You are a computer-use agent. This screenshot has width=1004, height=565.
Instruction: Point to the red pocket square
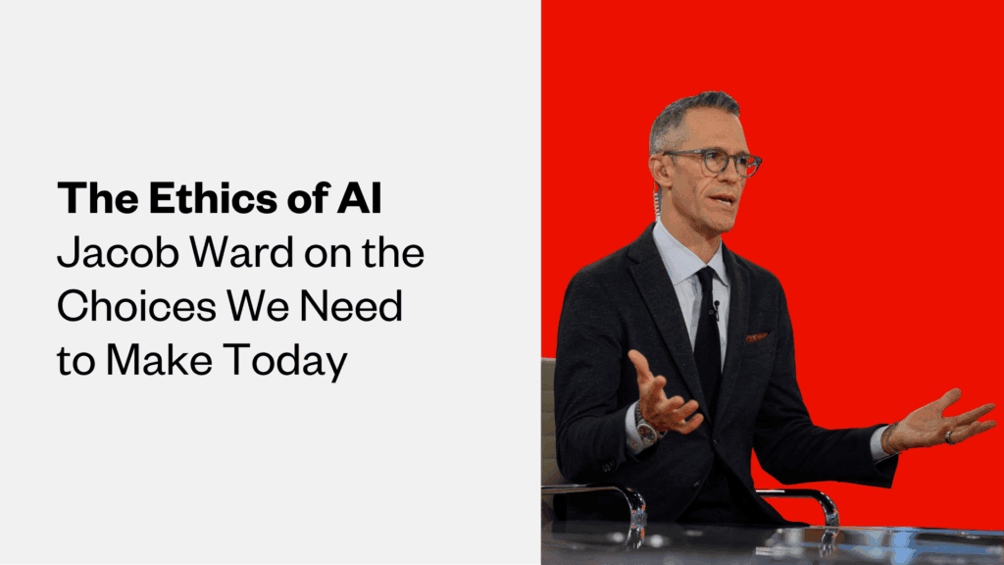[756, 336]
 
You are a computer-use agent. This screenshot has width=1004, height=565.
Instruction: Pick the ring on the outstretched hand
[948, 438]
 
